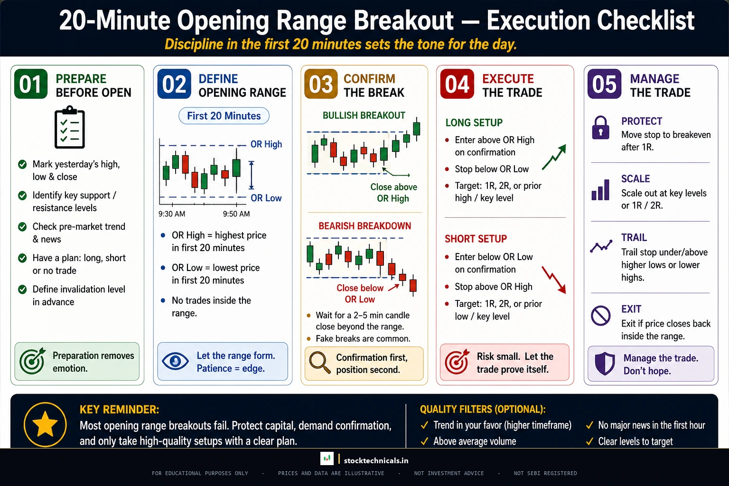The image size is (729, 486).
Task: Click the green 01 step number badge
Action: coord(31,84)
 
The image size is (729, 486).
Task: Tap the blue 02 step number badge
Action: coord(174,84)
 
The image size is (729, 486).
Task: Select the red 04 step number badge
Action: coord(457,84)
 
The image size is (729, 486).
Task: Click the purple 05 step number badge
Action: coord(604,84)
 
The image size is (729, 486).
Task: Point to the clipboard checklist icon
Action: coord(70,128)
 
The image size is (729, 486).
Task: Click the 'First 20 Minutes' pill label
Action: coord(224,116)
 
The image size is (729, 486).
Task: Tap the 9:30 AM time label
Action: coord(172,214)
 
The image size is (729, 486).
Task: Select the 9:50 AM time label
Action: coord(236,214)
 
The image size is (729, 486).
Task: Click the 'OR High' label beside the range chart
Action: coord(266,144)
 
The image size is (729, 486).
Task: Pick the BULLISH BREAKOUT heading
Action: coord(364,115)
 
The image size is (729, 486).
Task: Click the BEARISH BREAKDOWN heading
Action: coord(364,226)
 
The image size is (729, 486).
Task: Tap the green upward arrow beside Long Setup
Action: coord(554,157)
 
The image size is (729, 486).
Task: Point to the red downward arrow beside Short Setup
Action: coord(554,280)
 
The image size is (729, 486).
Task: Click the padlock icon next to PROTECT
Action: coord(600,128)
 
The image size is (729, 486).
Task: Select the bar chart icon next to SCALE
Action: coord(600,190)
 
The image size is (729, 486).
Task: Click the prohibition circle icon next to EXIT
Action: coord(600,316)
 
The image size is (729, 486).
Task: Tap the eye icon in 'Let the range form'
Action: coord(175,361)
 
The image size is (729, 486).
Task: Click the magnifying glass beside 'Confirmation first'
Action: coord(319,363)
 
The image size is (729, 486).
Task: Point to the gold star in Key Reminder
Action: coord(45,424)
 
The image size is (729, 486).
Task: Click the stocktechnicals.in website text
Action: coord(376,460)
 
